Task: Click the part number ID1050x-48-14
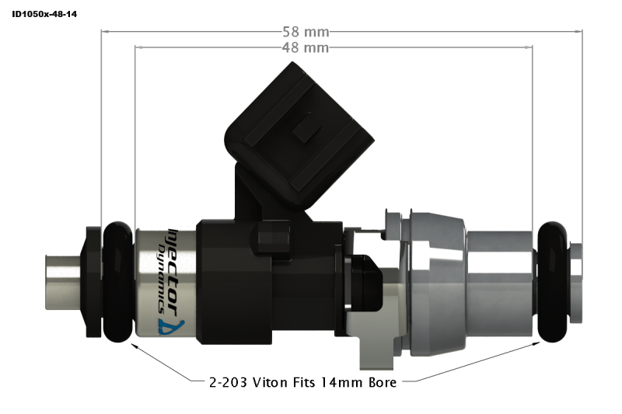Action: tap(44, 14)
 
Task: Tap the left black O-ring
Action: tap(117, 281)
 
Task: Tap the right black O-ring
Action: tap(554, 281)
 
